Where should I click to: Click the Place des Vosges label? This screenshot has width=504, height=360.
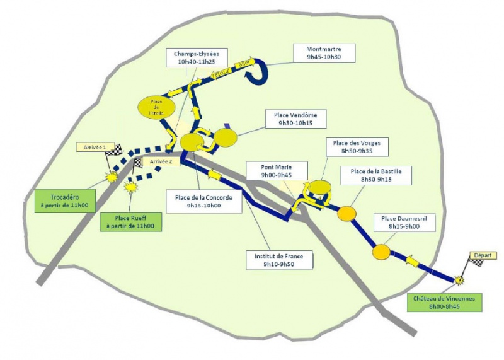coord(357,147)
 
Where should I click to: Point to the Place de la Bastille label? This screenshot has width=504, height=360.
coord(375,175)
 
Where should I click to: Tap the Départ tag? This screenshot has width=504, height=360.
coord(482,255)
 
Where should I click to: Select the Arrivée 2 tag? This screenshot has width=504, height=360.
coord(161,162)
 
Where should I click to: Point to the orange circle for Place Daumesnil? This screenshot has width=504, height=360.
coord(381,253)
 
